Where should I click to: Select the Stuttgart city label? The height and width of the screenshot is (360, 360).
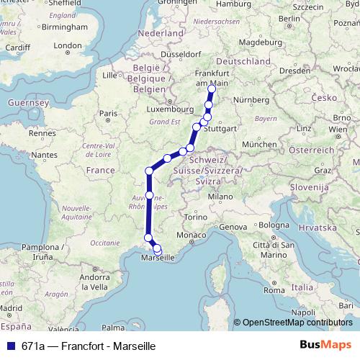(x=220, y=130)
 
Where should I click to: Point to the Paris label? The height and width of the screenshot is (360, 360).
(x=107, y=113)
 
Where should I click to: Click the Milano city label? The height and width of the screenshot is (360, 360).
(x=217, y=195)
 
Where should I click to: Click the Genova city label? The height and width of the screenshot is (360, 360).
(x=233, y=227)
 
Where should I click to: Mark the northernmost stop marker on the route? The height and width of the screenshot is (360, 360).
(x=211, y=89)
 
